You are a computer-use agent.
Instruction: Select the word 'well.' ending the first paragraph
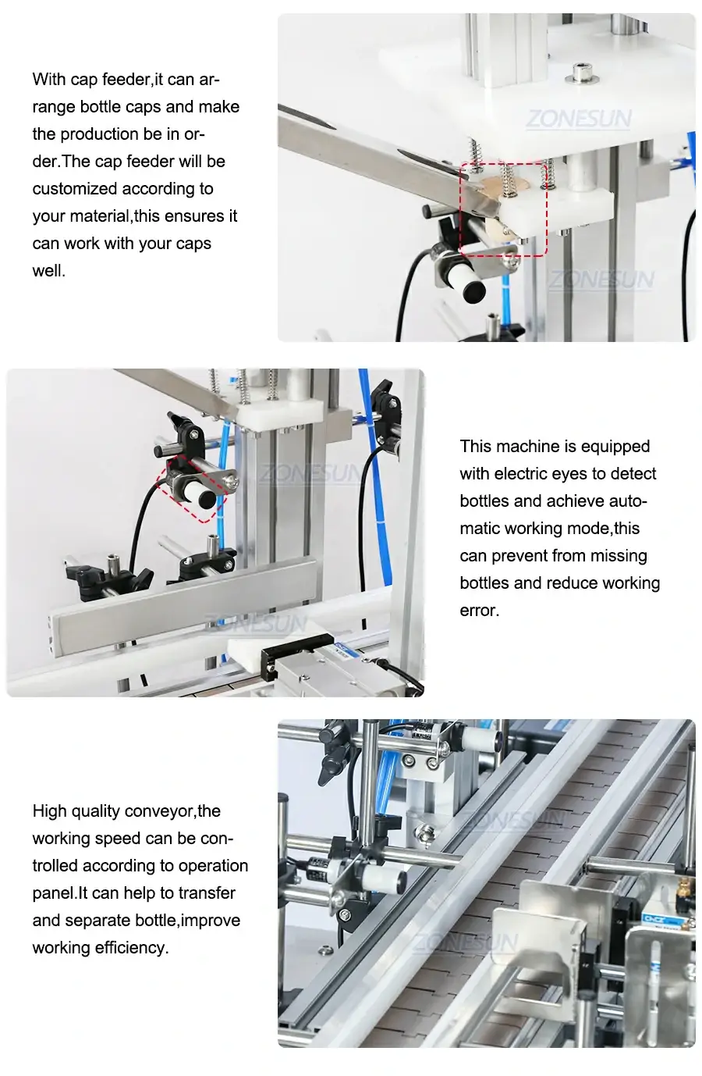pos(48,271)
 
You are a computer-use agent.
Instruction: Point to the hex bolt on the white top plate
pos(577,73)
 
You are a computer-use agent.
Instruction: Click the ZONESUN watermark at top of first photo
pos(579,119)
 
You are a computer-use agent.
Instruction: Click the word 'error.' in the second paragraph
pos(479,610)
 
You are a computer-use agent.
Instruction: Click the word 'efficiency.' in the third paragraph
pos(131,947)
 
